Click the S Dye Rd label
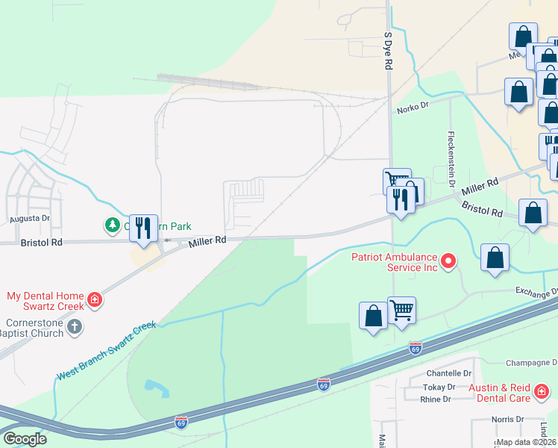click(x=388, y=51)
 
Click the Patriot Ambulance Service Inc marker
click(x=448, y=261)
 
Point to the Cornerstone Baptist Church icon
click(x=74, y=326)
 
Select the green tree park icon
click(x=112, y=224)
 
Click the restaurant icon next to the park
click(x=144, y=228)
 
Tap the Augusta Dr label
click(x=30, y=219)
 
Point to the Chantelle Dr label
click(x=449, y=373)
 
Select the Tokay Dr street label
click(x=440, y=387)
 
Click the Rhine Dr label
click(x=435, y=399)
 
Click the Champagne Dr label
click(x=532, y=362)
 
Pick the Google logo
click(x=25, y=439)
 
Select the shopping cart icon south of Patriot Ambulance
click(x=401, y=310)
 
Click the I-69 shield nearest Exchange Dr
click(x=416, y=348)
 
